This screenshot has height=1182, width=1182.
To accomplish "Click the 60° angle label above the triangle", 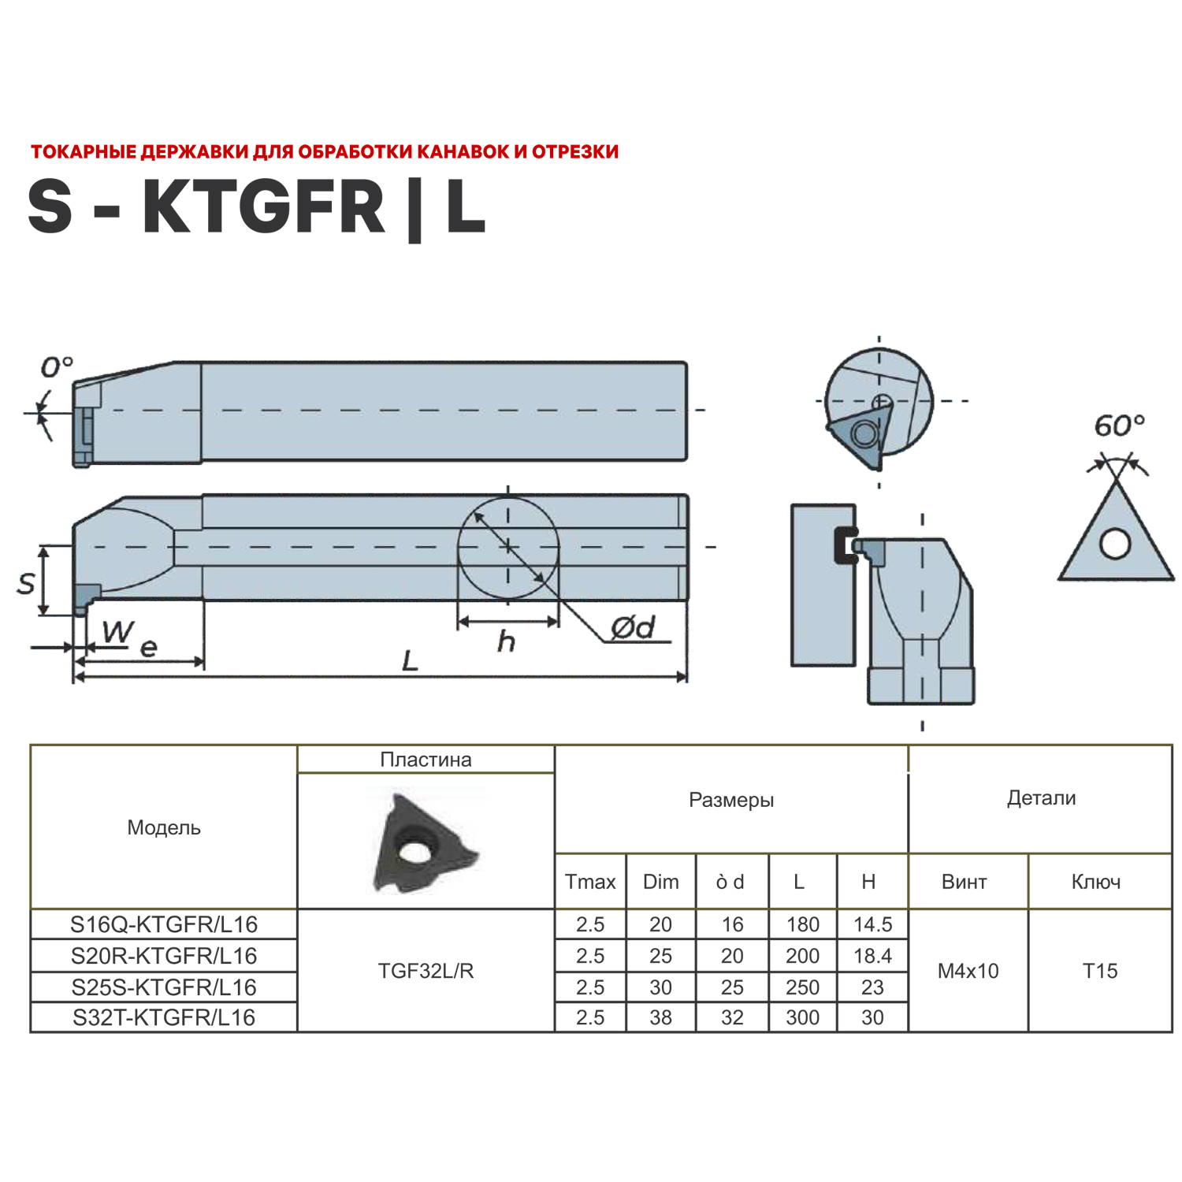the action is [x=1119, y=426].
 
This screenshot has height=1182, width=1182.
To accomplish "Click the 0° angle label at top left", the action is [x=57, y=366].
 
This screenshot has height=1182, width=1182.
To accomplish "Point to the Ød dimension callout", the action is [x=633, y=627].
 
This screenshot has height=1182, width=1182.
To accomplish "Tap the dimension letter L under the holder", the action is [x=410, y=660].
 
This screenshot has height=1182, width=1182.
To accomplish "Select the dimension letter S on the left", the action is [x=26, y=583].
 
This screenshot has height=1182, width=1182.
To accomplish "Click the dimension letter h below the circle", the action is [x=506, y=641].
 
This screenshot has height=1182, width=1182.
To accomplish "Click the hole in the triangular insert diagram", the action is [x=1115, y=543].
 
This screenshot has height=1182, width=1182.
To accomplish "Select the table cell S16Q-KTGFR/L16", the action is [x=164, y=924].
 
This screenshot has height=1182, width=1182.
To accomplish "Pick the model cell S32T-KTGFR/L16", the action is [x=164, y=1017].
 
